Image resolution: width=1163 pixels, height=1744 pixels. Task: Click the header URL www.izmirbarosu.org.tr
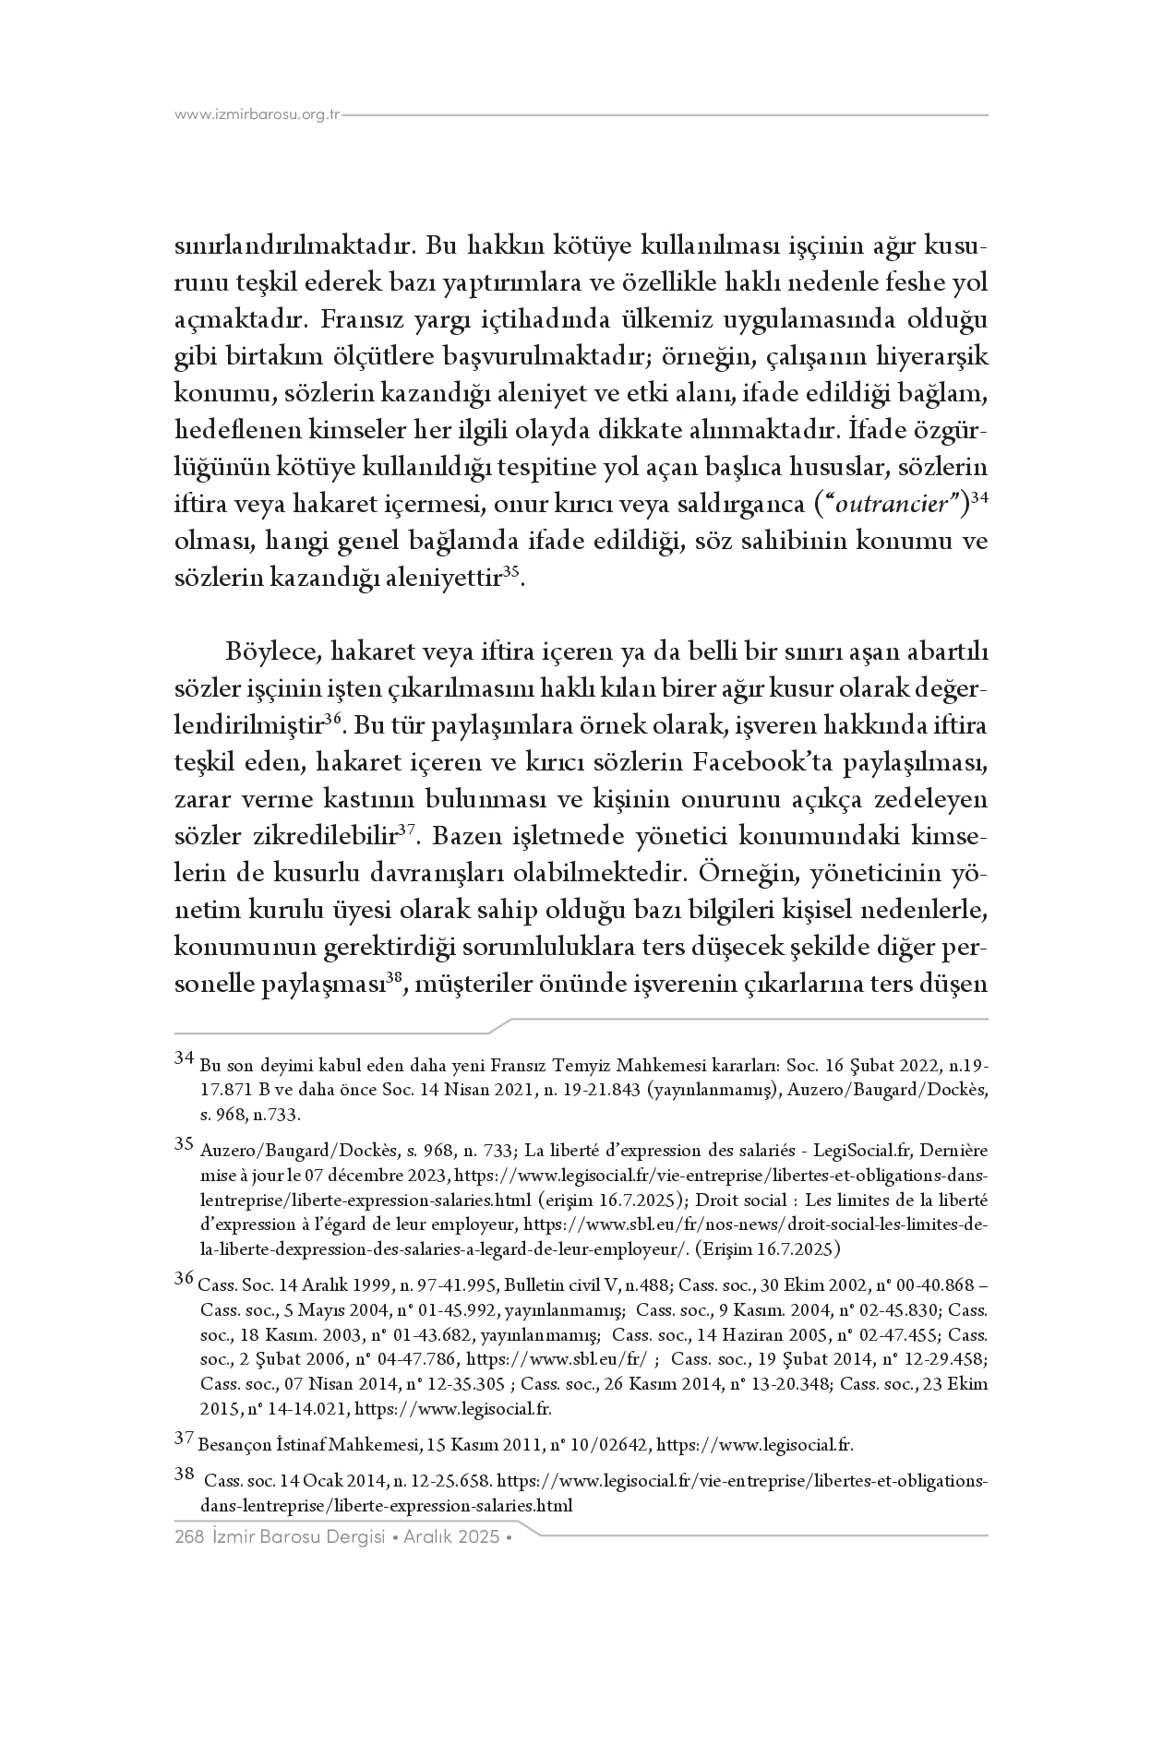258,115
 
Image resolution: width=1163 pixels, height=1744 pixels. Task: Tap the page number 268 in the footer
188,1537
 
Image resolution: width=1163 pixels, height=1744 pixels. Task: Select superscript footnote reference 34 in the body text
979,498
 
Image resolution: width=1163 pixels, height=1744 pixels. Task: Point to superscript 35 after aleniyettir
512,572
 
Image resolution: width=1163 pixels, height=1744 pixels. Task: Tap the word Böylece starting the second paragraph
272,652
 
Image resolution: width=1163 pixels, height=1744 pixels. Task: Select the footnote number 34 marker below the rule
184,1057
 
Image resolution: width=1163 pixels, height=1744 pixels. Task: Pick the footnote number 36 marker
184,1278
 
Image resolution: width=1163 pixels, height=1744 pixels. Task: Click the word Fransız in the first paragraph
363,320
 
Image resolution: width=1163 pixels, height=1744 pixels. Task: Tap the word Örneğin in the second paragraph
744,871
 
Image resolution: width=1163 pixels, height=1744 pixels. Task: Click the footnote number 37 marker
184,1438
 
